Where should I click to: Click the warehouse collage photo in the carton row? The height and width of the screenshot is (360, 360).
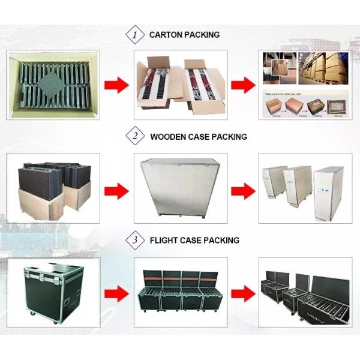(304, 84)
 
